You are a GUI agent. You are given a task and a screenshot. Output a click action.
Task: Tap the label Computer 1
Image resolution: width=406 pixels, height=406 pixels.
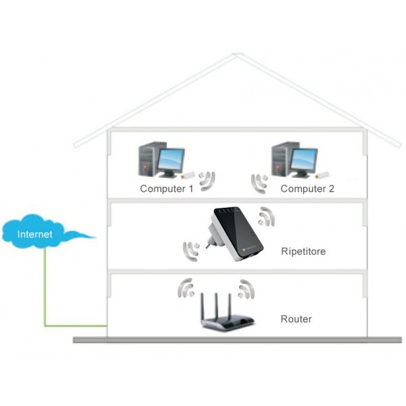[x=166, y=189]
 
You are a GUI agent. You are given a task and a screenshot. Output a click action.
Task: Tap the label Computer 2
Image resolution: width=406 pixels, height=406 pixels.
[x=307, y=189]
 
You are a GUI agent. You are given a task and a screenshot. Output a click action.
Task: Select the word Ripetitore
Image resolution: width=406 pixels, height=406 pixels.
[x=303, y=251]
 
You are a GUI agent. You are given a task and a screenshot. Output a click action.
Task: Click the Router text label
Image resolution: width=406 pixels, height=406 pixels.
[x=296, y=318]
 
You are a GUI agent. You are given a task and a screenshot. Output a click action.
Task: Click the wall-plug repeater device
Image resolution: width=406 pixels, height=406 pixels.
[x=233, y=233]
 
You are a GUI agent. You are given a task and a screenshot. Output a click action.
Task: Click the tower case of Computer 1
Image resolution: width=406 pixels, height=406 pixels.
[x=148, y=160]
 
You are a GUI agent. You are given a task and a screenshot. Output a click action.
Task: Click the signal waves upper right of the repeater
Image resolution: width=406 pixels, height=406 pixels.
[x=269, y=216]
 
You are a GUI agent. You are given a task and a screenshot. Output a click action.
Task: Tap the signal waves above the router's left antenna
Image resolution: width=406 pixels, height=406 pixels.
[x=187, y=288]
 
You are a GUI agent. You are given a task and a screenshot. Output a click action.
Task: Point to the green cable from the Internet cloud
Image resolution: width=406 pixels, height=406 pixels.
[x=46, y=291]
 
